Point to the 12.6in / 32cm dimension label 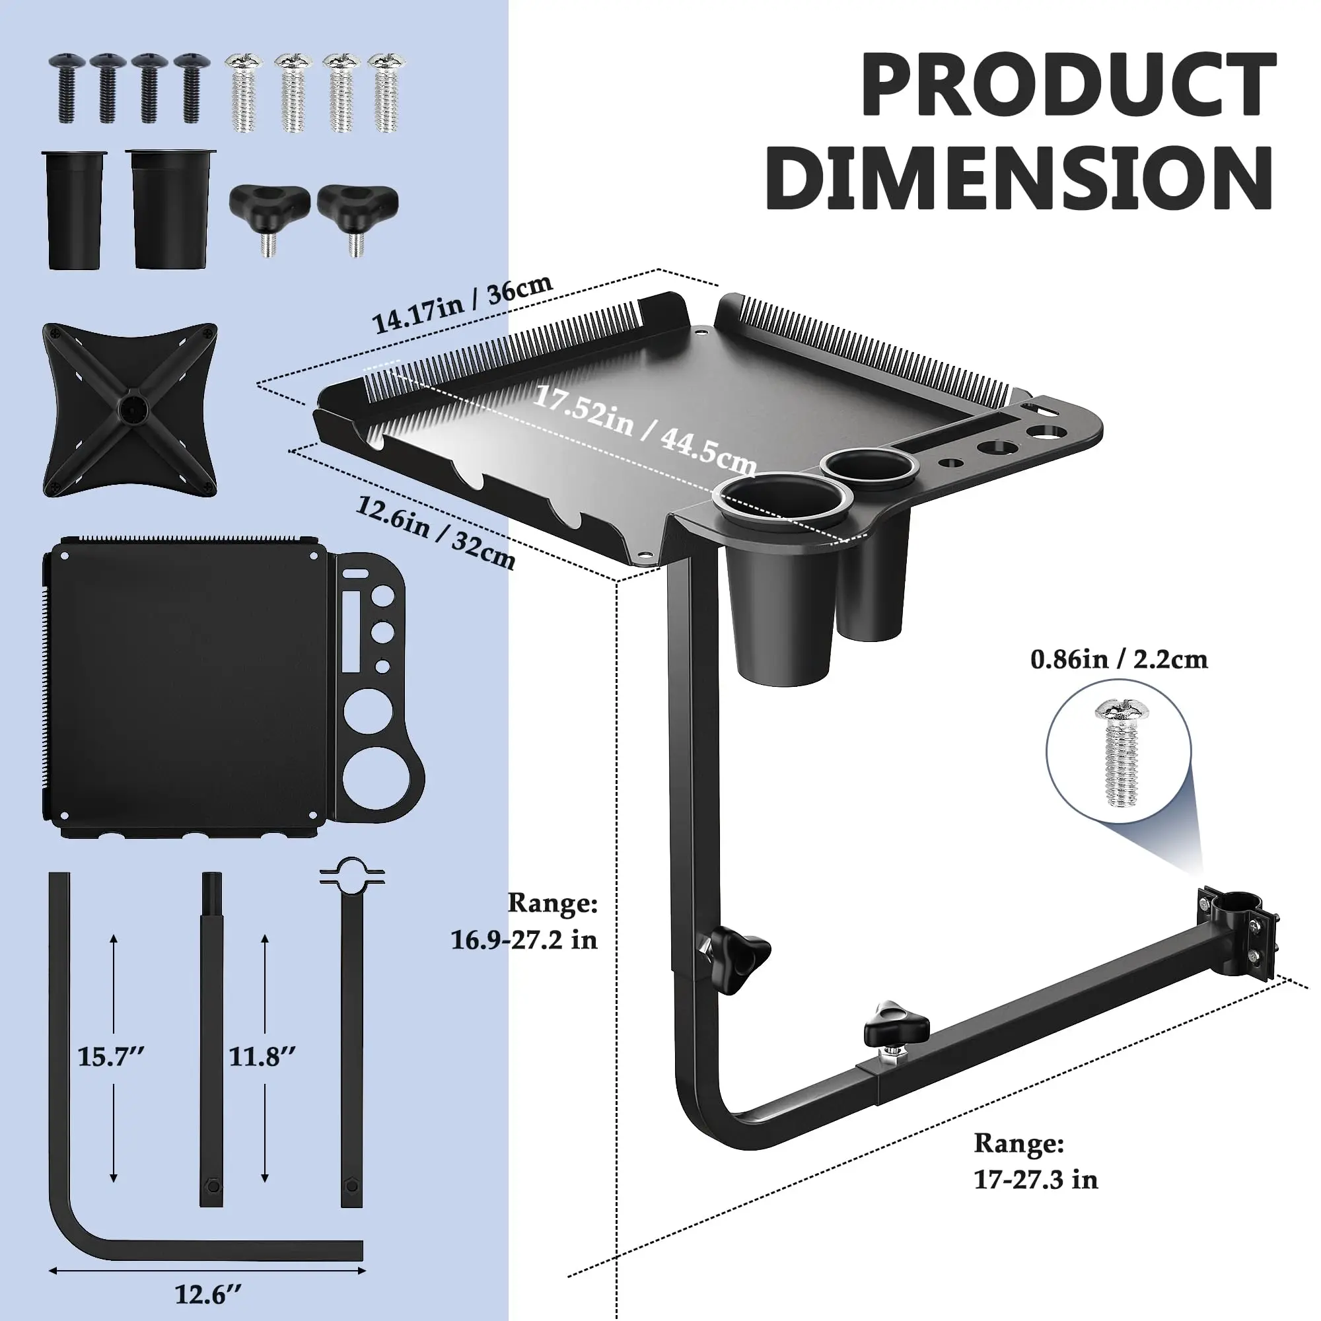[435, 532]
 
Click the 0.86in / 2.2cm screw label [1120, 660]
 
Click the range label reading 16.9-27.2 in [524, 939]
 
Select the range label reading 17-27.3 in [1036, 1180]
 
